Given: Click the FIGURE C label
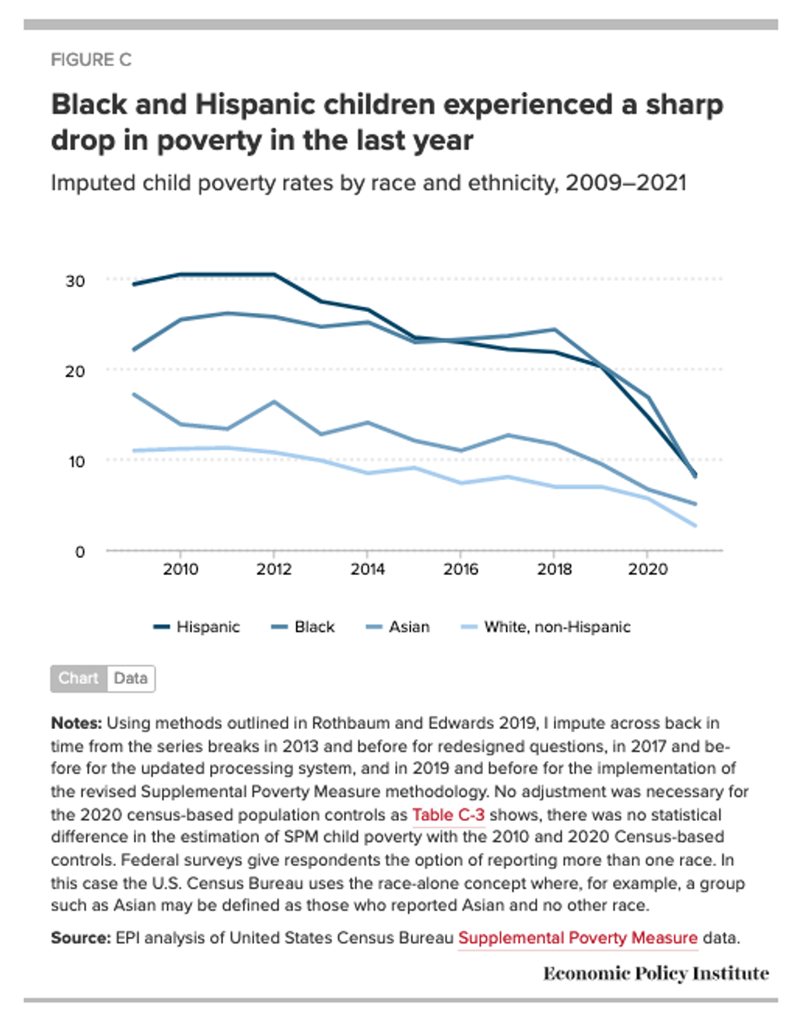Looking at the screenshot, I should [x=90, y=59].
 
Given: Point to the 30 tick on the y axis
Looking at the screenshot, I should [x=75, y=280].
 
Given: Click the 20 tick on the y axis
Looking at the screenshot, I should [x=75, y=371].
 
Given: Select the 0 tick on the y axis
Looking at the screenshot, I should [x=79, y=551].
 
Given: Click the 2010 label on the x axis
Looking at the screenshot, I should [x=180, y=569].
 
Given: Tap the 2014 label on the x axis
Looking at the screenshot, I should [x=367, y=569].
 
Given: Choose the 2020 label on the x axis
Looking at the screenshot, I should [x=647, y=569].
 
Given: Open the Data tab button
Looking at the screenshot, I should [x=130, y=678].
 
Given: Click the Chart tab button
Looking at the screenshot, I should [x=78, y=678].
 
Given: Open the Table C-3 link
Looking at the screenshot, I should [x=448, y=815].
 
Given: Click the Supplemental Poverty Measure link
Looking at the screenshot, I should [x=577, y=938].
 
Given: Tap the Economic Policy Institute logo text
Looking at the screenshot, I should [x=655, y=973].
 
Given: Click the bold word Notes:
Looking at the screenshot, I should [x=76, y=723].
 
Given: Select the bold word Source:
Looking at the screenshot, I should [x=80, y=938].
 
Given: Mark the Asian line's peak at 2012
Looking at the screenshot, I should [x=274, y=402].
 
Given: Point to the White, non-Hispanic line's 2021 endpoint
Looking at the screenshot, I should [x=695, y=525].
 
